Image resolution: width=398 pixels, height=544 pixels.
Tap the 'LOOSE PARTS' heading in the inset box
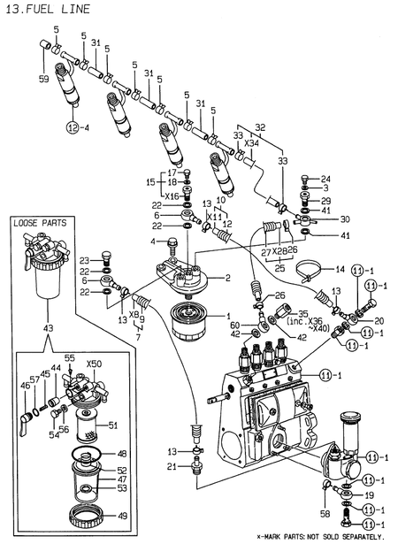click(x=40, y=225)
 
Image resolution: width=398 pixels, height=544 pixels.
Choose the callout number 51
click(x=112, y=425)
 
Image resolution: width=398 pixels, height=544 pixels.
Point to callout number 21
click(x=173, y=465)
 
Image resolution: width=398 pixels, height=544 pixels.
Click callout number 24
click(x=325, y=179)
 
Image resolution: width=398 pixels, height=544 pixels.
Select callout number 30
click(x=345, y=219)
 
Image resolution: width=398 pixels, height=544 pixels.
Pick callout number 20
click(x=379, y=320)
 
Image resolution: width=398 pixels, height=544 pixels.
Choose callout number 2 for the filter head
click(x=227, y=278)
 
